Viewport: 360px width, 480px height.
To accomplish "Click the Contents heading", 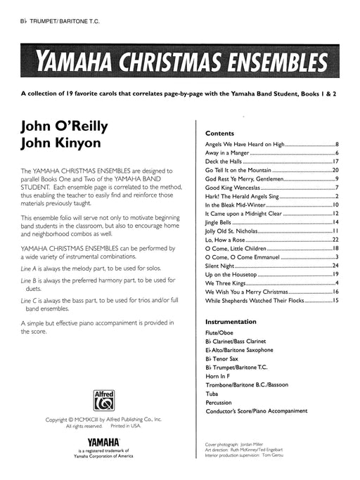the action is [219, 133].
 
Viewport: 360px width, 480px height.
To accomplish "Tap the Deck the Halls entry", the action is [228, 161].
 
